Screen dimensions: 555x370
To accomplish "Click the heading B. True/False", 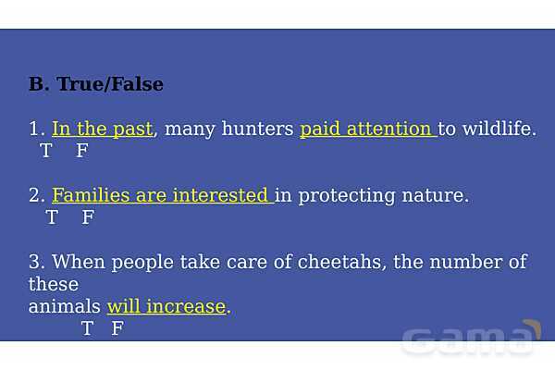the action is click(x=96, y=84).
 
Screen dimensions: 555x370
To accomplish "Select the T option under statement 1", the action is click(x=46, y=150).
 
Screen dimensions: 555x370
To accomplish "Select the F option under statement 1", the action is click(x=82, y=150).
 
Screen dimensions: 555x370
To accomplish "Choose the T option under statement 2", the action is click(x=52, y=216).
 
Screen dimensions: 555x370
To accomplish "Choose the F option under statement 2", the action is click(x=88, y=216).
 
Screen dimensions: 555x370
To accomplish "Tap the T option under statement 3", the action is click(x=87, y=327).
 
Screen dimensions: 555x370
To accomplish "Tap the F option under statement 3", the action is click(x=117, y=327).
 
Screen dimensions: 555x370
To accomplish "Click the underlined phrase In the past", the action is click(x=103, y=129).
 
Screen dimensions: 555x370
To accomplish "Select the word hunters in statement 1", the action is click(x=257, y=129).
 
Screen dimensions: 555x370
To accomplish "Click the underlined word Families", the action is click(x=91, y=195).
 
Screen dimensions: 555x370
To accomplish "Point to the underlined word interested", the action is click(x=220, y=195).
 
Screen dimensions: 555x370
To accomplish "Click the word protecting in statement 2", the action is click(x=347, y=196).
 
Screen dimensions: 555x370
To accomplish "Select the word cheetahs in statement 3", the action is click(x=339, y=262).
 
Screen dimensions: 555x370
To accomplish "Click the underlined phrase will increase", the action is click(x=166, y=306).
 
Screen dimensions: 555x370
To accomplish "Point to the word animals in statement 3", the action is click(x=65, y=306).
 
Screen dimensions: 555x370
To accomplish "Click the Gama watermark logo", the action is click(x=471, y=339).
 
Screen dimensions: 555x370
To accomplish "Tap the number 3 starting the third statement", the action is click(x=34, y=262).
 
